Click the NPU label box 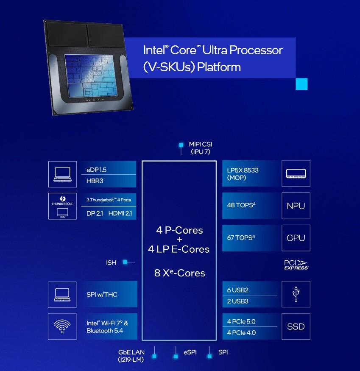coord(296,206)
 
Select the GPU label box coord(296,238)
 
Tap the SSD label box coord(296,326)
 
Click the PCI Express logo coord(296,265)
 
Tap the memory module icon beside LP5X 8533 coord(296,173)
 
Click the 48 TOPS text coord(241,205)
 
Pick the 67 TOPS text coord(241,237)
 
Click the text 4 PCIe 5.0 coord(241,321)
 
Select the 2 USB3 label coord(238,301)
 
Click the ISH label coord(111,263)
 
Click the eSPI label coord(190,352)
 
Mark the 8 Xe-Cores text coord(179,273)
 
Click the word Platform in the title coord(220,67)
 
